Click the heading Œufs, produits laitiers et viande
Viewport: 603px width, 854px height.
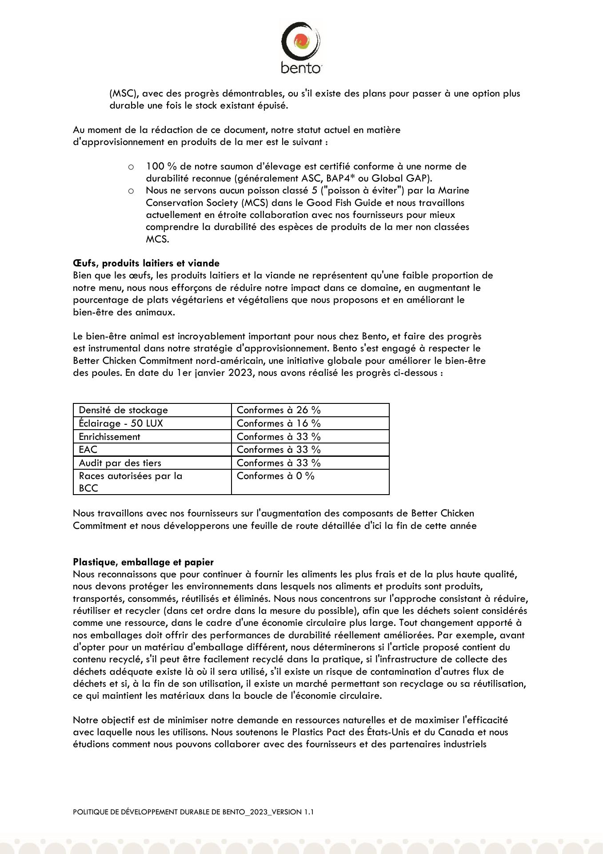(146, 263)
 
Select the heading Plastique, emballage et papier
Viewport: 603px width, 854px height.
(143, 562)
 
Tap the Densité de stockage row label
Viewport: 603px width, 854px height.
(123, 410)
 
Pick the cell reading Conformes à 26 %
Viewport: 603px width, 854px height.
(279, 410)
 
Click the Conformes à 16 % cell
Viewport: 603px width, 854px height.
(279, 423)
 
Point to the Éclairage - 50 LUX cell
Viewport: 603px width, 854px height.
(121, 423)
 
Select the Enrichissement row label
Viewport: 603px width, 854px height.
(109, 437)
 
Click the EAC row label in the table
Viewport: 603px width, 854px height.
(88, 450)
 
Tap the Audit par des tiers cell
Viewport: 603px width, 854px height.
(120, 463)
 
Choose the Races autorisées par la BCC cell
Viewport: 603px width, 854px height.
(130, 482)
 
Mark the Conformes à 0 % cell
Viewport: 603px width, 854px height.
(276, 476)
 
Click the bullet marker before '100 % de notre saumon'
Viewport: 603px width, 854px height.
(131, 167)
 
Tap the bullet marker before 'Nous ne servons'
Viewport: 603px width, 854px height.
(131, 191)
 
